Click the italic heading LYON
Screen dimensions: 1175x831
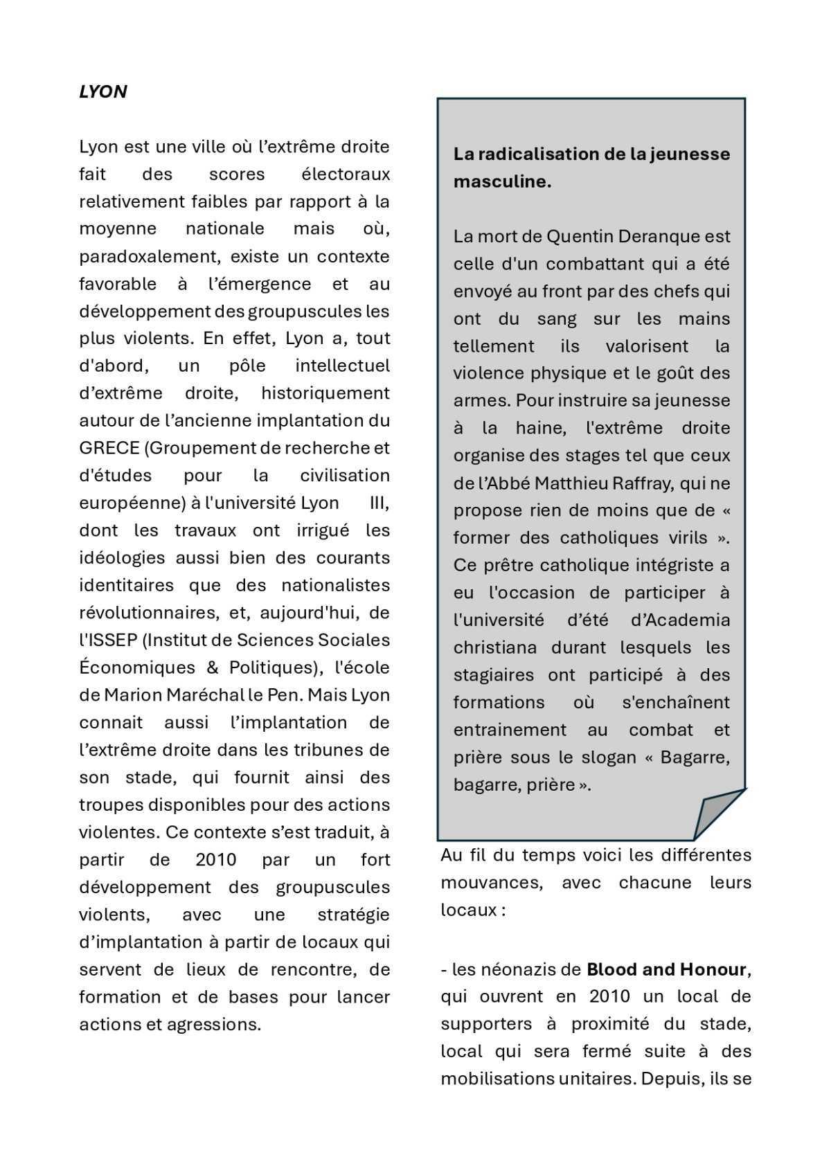tap(103, 92)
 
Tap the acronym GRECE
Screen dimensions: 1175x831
tap(109, 448)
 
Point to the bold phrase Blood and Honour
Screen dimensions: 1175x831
tap(666, 969)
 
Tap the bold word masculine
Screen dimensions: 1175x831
tap(501, 181)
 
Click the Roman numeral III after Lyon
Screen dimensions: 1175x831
tap(378, 503)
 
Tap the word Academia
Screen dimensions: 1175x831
tap(680, 620)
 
